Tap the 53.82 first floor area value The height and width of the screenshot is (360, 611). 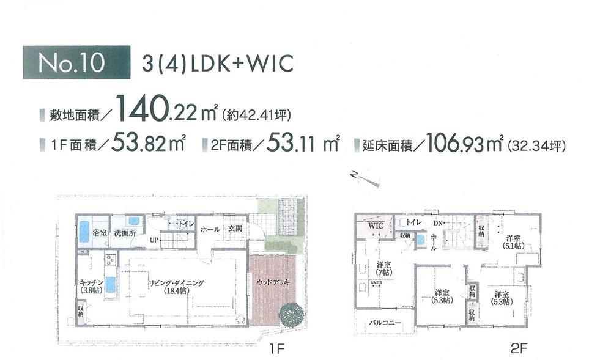pyautogui.click(x=141, y=145)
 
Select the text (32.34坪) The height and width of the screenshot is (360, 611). pyautogui.click(x=536, y=147)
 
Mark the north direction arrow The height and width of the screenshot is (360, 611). pyautogui.click(x=367, y=178)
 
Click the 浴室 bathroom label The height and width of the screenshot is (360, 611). pyautogui.click(x=100, y=233)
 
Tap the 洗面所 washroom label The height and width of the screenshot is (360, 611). pyautogui.click(x=124, y=233)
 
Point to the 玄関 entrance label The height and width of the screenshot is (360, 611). pyautogui.click(x=235, y=229)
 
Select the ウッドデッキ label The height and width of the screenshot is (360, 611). pyautogui.click(x=272, y=282)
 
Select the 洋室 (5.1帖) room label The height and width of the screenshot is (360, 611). pyautogui.click(x=513, y=241)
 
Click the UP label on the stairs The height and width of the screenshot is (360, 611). pyautogui.click(x=154, y=240)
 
